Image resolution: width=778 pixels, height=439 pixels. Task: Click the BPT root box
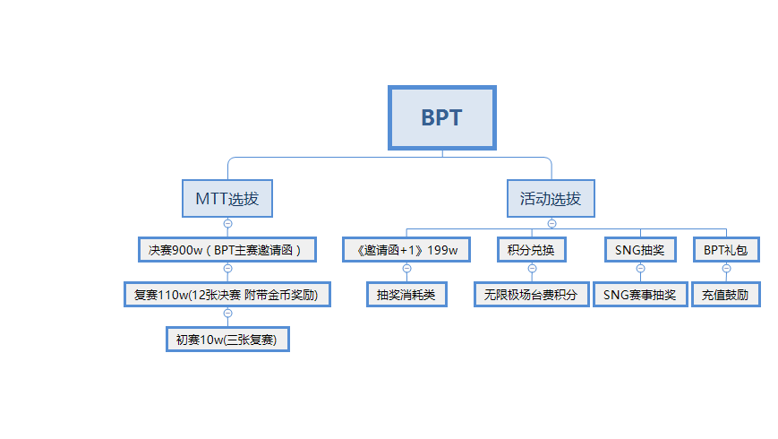tap(442, 117)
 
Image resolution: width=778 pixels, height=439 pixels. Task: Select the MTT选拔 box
tap(227, 199)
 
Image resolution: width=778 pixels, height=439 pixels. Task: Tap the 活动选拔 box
tap(551, 199)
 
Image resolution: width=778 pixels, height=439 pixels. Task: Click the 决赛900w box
tap(227, 250)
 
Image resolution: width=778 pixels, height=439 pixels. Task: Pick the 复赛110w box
tap(227, 295)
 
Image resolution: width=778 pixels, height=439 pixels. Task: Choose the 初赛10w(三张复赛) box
tap(227, 340)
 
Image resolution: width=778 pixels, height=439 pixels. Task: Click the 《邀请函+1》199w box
tap(406, 250)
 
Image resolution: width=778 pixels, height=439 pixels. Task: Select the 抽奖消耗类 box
tap(406, 295)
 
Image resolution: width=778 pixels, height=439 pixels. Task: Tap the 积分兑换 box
tap(532, 250)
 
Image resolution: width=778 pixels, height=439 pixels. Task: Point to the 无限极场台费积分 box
tap(532, 295)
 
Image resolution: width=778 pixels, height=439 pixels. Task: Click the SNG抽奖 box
tap(640, 250)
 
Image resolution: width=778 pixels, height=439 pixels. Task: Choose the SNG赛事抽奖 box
tap(640, 295)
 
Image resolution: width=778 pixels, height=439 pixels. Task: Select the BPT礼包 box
tap(726, 250)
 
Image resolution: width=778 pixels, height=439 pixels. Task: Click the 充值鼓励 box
tap(726, 295)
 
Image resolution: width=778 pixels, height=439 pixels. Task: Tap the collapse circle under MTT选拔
tap(227, 223)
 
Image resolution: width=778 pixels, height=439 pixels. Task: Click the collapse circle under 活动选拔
tap(551, 223)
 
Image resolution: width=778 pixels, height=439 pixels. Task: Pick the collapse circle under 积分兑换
tap(532, 268)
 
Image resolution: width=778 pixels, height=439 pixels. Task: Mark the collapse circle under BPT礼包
tap(726, 268)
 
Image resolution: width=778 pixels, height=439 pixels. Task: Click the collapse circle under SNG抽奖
tap(640, 268)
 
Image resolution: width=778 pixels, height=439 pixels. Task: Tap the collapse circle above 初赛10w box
tap(227, 313)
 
